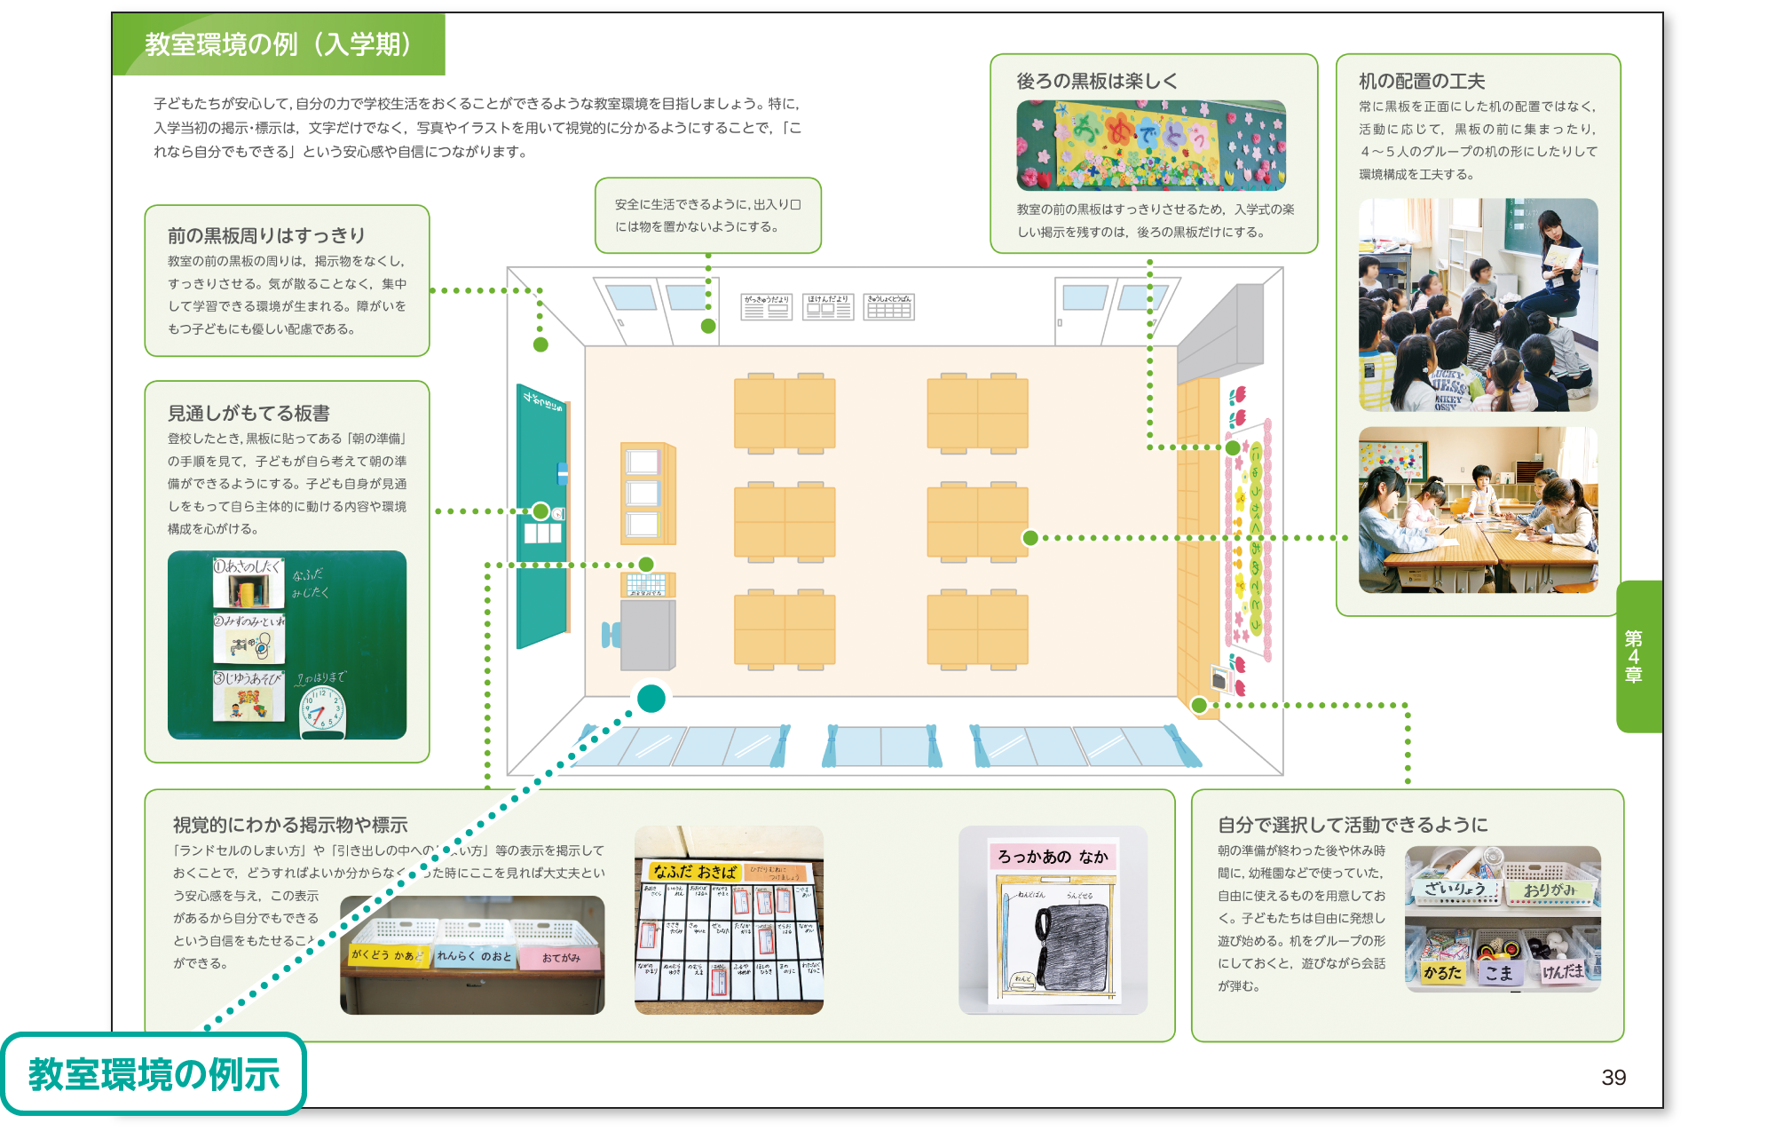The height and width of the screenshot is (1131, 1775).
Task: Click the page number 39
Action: pos(1613,1078)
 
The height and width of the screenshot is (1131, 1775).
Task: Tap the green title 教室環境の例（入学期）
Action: pos(278,44)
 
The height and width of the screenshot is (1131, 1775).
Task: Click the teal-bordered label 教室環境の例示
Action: pos(154,1074)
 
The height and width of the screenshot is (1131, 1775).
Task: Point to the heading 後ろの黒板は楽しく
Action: pos(1097,82)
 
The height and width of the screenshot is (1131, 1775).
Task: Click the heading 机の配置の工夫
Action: pos(1422,82)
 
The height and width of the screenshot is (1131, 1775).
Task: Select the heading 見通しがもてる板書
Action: pos(248,414)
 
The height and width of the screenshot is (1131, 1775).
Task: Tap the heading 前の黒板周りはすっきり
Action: pos(266,236)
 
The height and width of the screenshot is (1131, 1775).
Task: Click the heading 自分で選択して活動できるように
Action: pos(1353,826)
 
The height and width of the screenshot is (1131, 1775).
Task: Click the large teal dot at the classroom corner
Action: pos(651,699)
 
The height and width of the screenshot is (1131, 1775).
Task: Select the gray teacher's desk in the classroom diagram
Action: pos(647,634)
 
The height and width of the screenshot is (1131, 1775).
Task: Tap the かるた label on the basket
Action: pos(1442,973)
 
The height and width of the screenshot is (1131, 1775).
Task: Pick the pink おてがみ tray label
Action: pos(561,958)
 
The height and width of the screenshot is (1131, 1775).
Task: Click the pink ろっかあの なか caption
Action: pos(1053,857)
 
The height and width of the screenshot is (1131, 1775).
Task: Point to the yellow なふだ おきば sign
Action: pos(694,872)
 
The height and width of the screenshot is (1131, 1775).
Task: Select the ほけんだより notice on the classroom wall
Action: pos(828,307)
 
